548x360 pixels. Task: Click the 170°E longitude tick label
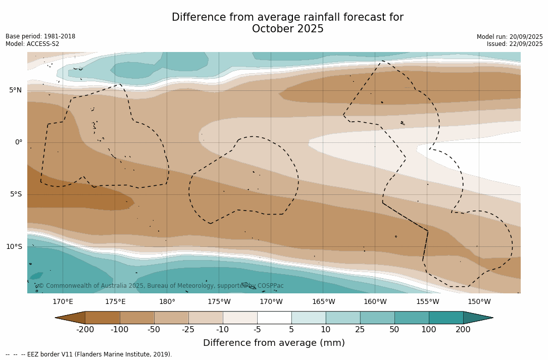coord(63,302)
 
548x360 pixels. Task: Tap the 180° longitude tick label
coord(167,302)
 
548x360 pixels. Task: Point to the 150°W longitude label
coord(479,302)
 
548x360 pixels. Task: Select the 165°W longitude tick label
coord(323,302)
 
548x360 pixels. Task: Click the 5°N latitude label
coord(15,90)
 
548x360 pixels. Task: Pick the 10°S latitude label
coord(14,247)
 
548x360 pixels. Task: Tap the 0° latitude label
coord(18,142)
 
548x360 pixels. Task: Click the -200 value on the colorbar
coord(85,330)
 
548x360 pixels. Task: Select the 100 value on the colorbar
coord(429,330)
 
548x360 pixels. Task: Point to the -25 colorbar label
coord(188,330)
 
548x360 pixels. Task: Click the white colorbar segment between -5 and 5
coord(274,318)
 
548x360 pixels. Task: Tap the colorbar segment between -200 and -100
coord(103,318)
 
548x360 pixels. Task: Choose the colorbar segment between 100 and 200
coord(446,318)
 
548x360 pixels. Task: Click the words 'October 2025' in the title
coord(287,29)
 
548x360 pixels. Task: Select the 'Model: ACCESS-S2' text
coord(32,44)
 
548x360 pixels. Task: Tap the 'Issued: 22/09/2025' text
coord(515,44)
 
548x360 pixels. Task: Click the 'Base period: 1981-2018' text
coord(40,36)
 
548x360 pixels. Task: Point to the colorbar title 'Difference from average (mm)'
coord(274,343)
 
